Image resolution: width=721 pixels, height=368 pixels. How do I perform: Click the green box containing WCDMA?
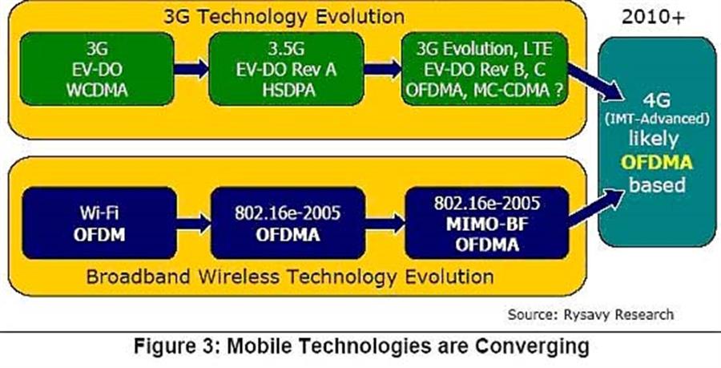tap(97, 69)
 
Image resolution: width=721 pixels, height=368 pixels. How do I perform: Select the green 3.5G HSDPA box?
tap(286, 69)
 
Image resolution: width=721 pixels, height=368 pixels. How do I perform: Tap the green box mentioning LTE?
tap(484, 69)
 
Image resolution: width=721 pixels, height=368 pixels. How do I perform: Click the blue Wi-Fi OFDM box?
tap(99, 223)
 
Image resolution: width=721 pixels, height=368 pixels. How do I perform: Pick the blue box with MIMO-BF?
tap(487, 223)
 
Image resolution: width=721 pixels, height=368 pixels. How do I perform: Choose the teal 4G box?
tap(657, 142)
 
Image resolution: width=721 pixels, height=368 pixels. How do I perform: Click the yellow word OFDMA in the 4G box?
tap(657, 163)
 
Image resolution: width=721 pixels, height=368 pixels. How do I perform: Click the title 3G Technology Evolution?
tap(284, 17)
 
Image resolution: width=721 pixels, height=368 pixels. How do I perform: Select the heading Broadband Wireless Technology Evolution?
tap(290, 277)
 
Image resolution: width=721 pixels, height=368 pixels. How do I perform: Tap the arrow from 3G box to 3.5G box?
tap(191, 69)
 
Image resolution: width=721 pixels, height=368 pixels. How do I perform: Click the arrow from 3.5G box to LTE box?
tap(382, 69)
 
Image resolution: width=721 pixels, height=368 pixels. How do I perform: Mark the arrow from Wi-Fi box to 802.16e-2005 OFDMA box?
tap(194, 224)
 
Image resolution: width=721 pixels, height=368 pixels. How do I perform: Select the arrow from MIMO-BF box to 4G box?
tap(596, 208)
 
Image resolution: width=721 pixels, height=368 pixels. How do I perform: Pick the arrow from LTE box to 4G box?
tap(596, 82)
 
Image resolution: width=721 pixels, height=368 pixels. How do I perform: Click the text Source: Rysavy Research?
tap(590, 314)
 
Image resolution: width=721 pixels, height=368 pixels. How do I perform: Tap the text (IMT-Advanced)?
tap(657, 119)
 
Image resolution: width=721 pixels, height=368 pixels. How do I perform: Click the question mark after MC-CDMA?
tap(558, 89)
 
